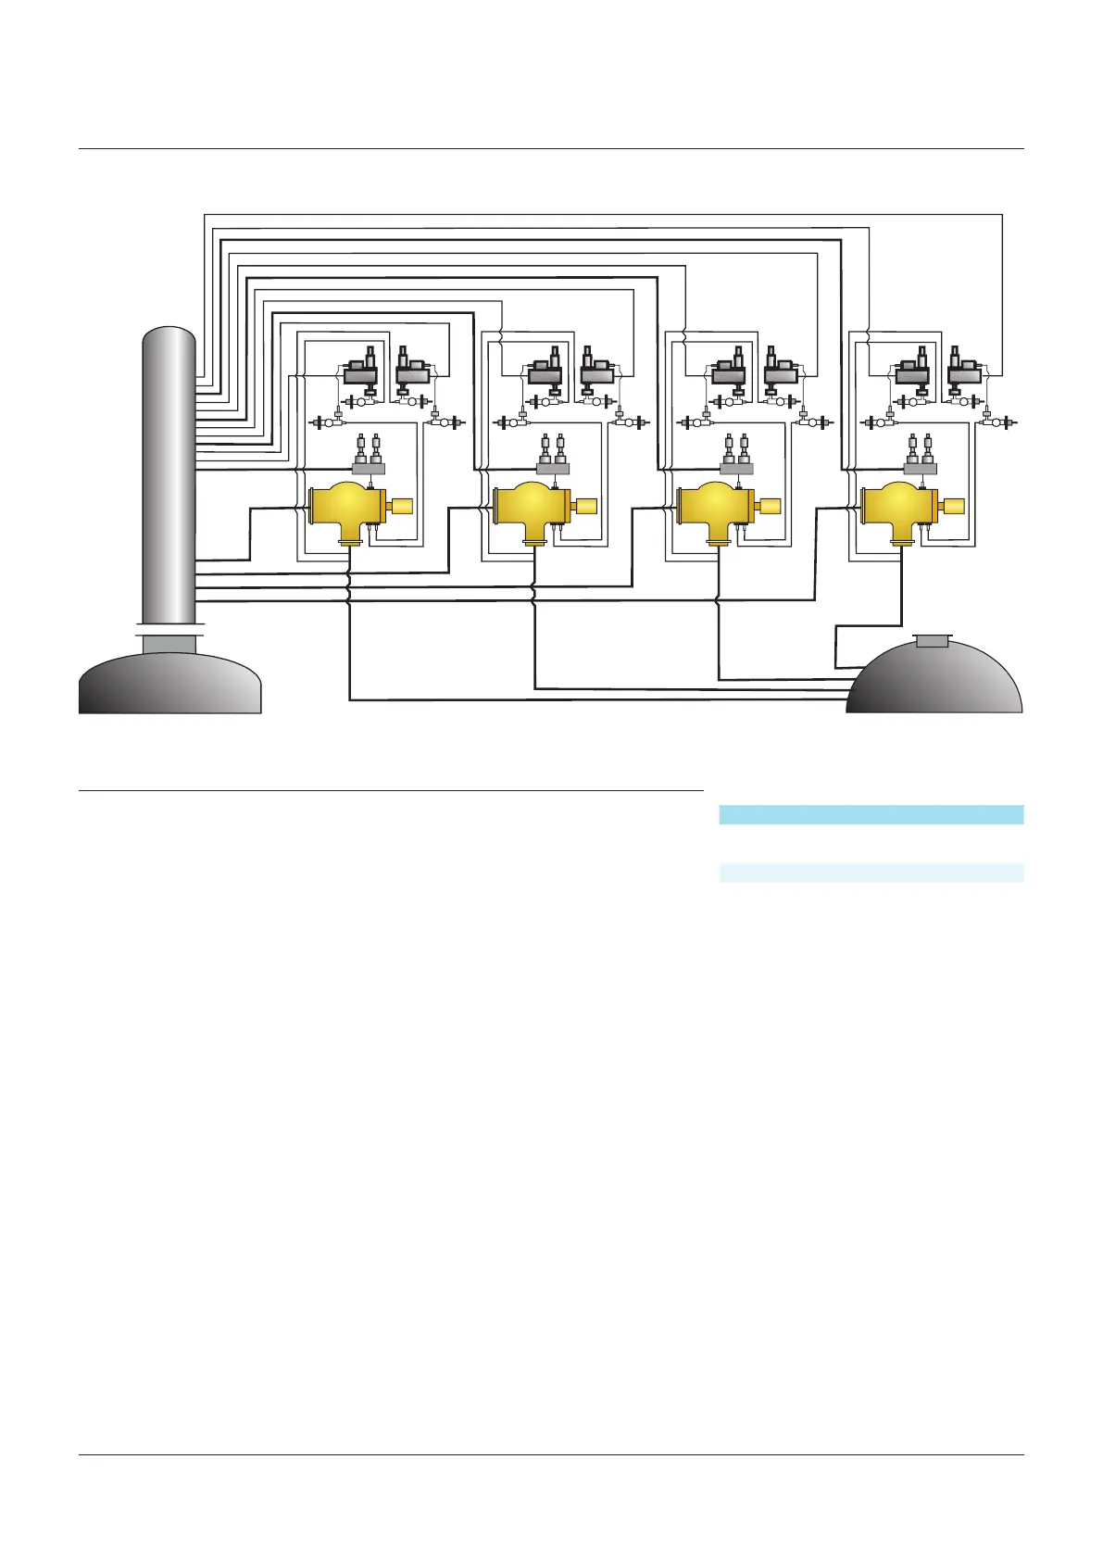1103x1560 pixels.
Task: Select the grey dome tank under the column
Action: click(x=169, y=684)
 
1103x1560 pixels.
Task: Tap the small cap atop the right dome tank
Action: click(x=932, y=640)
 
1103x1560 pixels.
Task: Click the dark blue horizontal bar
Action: click(x=871, y=814)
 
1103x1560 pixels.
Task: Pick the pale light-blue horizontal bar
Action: click(x=871, y=873)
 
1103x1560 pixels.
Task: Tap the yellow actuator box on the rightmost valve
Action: click(x=953, y=506)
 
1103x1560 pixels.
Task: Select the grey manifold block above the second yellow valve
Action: click(x=553, y=469)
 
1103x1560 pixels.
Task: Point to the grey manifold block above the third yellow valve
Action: click(x=737, y=469)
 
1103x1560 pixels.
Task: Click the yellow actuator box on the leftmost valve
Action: click(x=403, y=506)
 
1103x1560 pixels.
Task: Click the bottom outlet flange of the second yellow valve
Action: click(x=534, y=544)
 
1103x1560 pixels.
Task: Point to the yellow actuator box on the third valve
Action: click(x=770, y=506)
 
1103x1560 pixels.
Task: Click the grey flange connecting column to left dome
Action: click(x=169, y=642)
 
